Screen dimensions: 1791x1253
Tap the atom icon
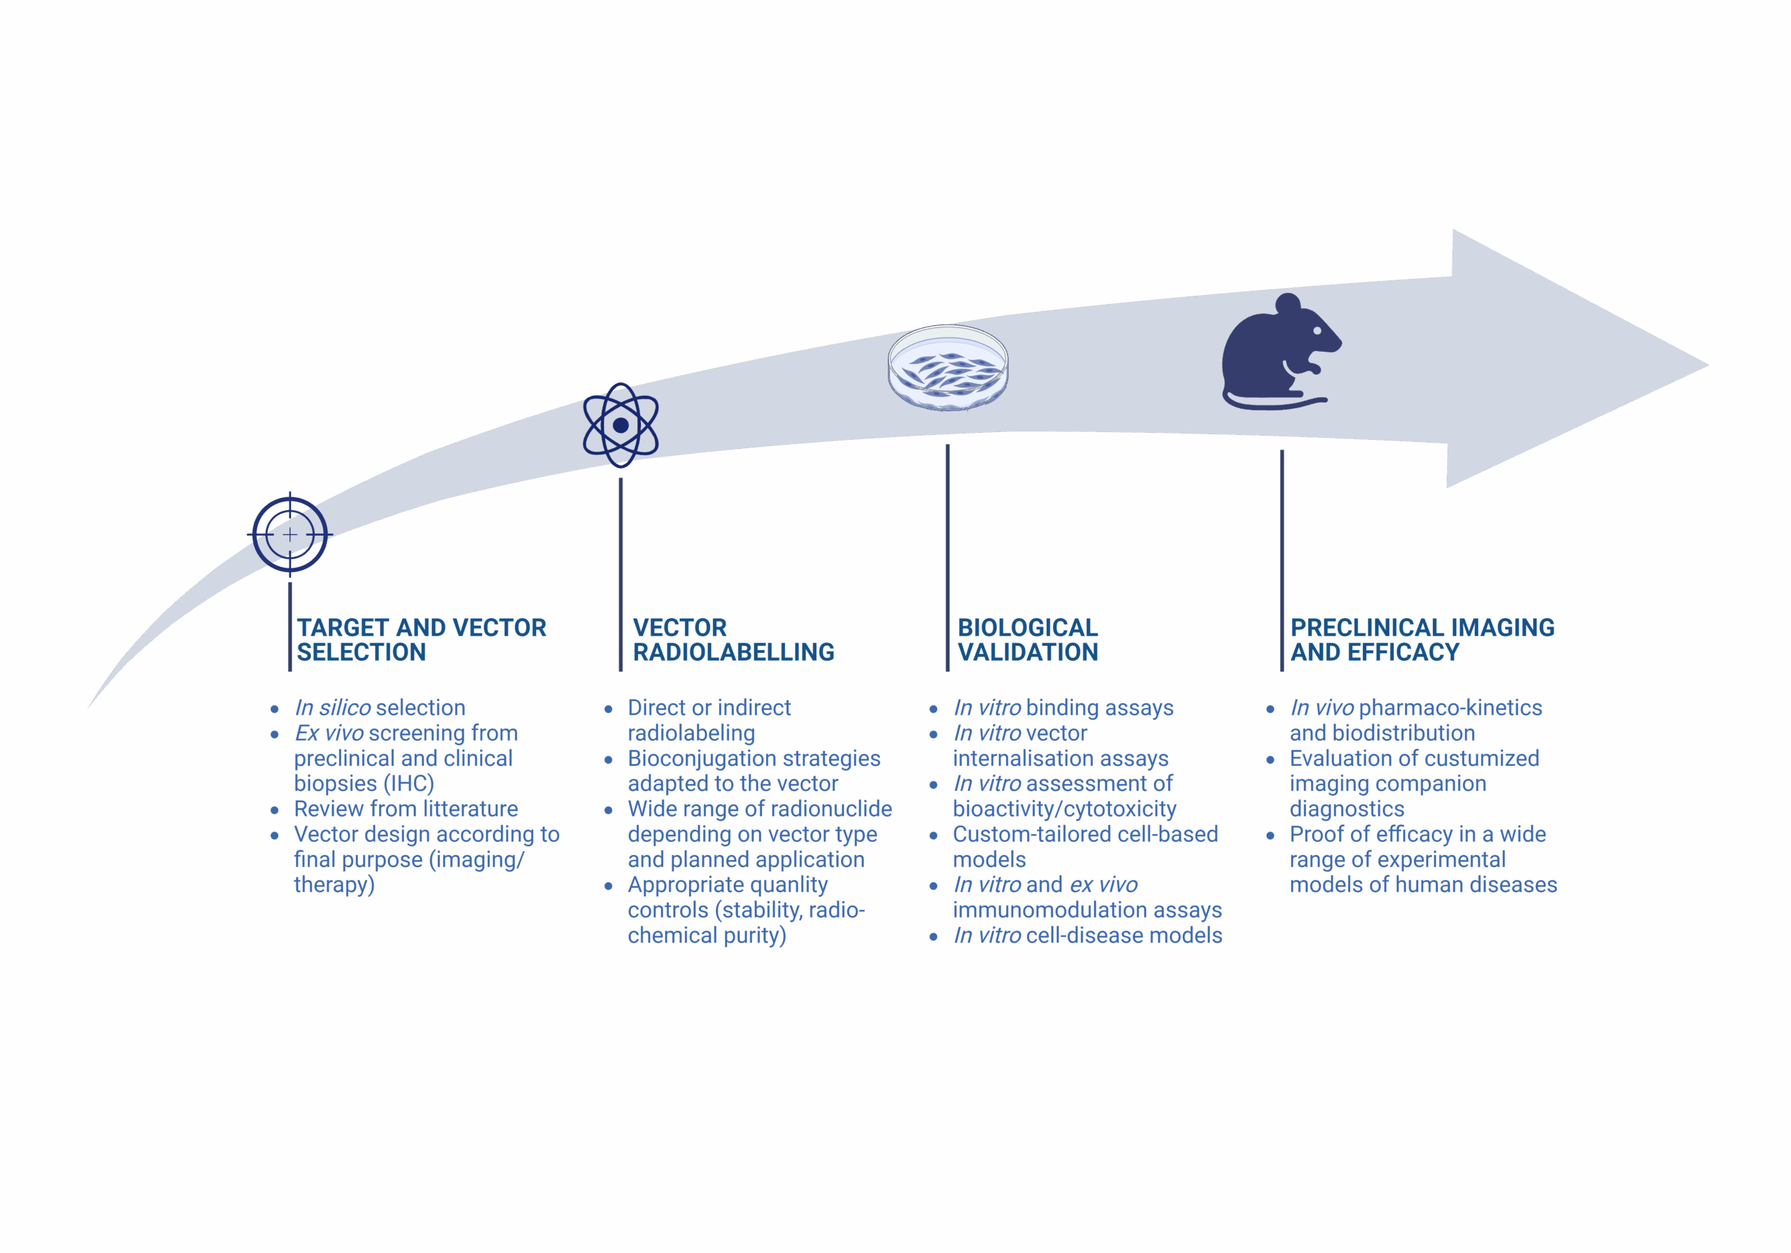[x=621, y=425]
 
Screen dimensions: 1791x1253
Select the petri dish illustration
[x=948, y=367]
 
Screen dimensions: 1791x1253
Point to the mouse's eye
[x=1317, y=331]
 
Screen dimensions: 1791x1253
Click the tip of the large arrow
[x=1708, y=364]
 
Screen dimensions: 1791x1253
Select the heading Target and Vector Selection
[x=421, y=639]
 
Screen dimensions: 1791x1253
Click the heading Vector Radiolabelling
[x=733, y=639]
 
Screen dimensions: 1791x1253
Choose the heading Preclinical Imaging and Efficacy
[x=1422, y=639]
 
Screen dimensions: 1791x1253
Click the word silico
[x=345, y=707]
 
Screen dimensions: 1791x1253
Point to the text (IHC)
[x=409, y=784]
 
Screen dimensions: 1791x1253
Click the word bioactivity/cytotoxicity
[x=1064, y=809]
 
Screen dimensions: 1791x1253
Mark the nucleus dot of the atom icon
[x=621, y=425]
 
